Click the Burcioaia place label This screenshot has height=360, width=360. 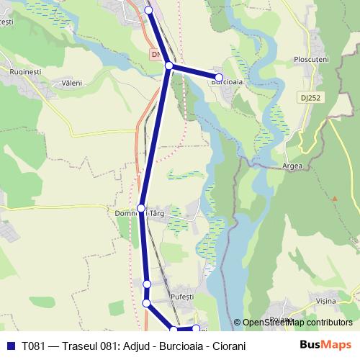[x=225, y=83]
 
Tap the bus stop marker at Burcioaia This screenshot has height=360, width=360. [x=219, y=77]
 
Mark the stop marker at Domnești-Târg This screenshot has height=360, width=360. [x=141, y=207]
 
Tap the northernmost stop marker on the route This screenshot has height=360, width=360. [x=149, y=10]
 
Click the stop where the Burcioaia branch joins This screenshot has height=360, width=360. [x=169, y=66]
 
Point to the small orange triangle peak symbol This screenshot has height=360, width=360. [x=334, y=197]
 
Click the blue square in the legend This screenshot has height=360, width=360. [x=10, y=346]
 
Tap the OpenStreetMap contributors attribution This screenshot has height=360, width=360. [x=297, y=323]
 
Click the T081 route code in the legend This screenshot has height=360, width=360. [x=33, y=346]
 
